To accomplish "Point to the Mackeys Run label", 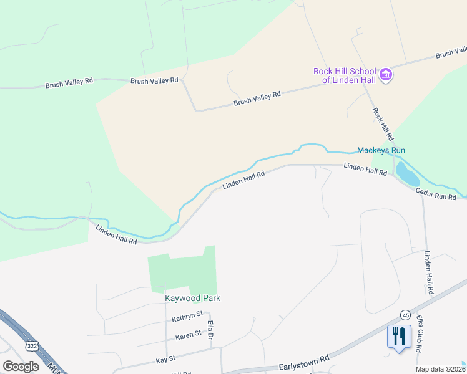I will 381,150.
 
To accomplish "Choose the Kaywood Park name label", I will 192,298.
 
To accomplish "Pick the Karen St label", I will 189,334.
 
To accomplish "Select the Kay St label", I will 165,360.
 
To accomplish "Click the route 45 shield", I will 405,315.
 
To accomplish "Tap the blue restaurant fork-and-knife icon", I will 397,337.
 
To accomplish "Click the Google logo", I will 21,366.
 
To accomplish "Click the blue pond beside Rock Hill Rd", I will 407,174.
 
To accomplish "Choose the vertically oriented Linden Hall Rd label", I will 428,273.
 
